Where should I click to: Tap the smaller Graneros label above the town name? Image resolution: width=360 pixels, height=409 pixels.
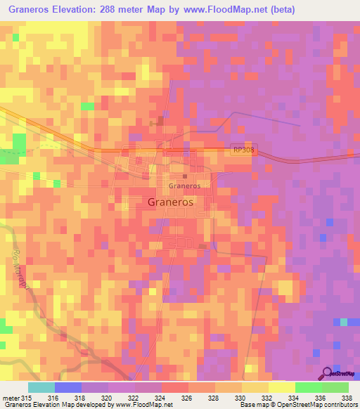[184, 186]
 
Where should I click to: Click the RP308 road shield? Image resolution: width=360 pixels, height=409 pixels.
[240, 150]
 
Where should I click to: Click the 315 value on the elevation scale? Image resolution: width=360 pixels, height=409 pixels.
[25, 397]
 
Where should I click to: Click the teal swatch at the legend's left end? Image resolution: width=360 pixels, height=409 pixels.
[41, 387]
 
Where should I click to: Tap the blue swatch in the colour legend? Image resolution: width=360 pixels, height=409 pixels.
[67, 387]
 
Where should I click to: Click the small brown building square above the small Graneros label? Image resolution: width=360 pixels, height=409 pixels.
[185, 176]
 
